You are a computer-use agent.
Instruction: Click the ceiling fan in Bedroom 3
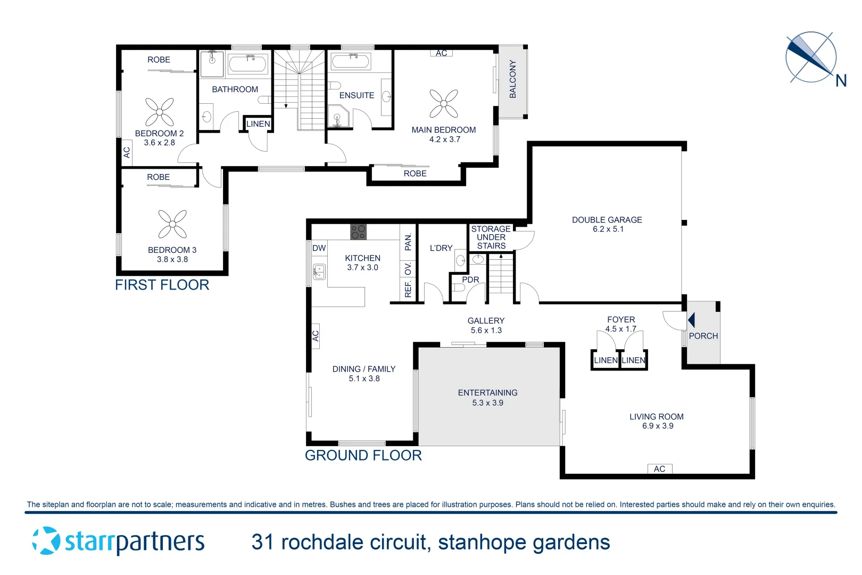click(x=172, y=224)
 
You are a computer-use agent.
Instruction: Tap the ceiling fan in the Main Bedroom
click(x=444, y=103)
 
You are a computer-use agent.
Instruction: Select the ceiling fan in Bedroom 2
click(x=160, y=112)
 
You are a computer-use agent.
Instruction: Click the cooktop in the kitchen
click(x=358, y=232)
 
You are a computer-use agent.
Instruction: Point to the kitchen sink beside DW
click(x=319, y=272)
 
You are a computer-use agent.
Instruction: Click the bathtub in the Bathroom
click(x=247, y=64)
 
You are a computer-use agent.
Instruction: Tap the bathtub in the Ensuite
click(x=350, y=61)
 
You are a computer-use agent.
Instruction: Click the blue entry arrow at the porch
click(x=691, y=320)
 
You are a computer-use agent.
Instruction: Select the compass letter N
click(x=841, y=81)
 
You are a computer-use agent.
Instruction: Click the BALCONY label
click(x=513, y=79)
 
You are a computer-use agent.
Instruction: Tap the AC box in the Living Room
click(x=660, y=469)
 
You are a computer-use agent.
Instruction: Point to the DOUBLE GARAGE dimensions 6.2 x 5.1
click(x=608, y=229)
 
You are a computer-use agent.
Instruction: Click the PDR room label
click(x=470, y=280)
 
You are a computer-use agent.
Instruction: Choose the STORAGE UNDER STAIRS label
click(x=491, y=237)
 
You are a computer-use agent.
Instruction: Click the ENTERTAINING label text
click(x=487, y=393)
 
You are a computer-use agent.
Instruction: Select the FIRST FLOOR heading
click(x=162, y=285)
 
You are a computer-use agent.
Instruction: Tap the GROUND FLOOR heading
click(x=363, y=456)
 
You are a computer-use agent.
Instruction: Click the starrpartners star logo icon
click(x=46, y=541)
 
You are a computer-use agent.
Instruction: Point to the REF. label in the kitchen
click(x=408, y=289)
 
